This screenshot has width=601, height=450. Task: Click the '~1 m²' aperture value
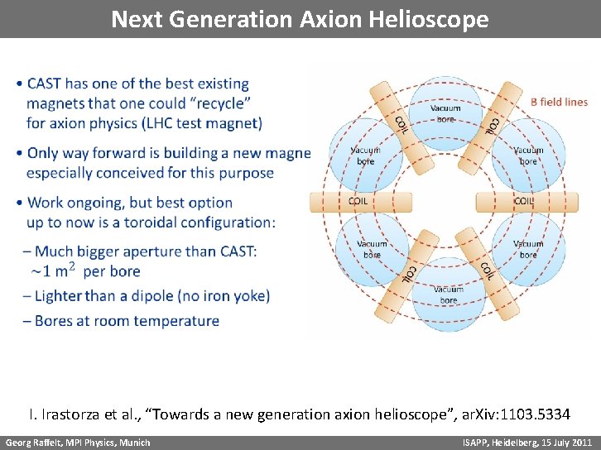54,270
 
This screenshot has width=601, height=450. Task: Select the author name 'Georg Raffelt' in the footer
34,443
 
